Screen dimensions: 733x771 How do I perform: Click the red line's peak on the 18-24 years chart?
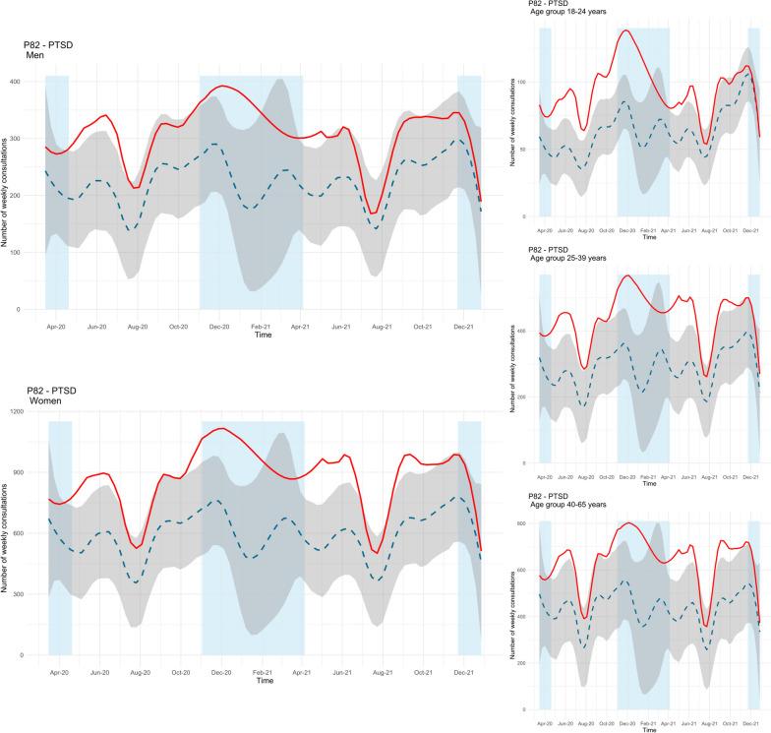626,31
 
